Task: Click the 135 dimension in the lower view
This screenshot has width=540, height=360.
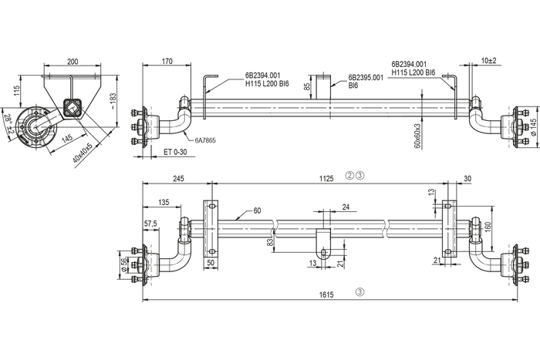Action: click(x=164, y=202)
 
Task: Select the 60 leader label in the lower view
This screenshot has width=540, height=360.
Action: click(x=257, y=210)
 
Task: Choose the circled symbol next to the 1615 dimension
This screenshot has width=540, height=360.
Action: click(x=358, y=292)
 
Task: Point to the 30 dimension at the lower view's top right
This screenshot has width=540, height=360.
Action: click(x=467, y=178)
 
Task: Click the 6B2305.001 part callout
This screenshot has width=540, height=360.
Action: click(x=366, y=77)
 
